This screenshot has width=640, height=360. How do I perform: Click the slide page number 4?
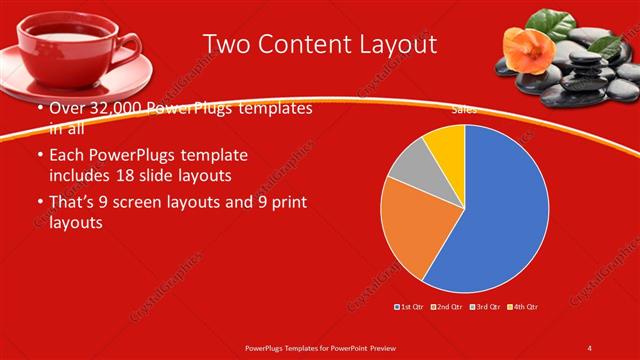click(589, 348)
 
